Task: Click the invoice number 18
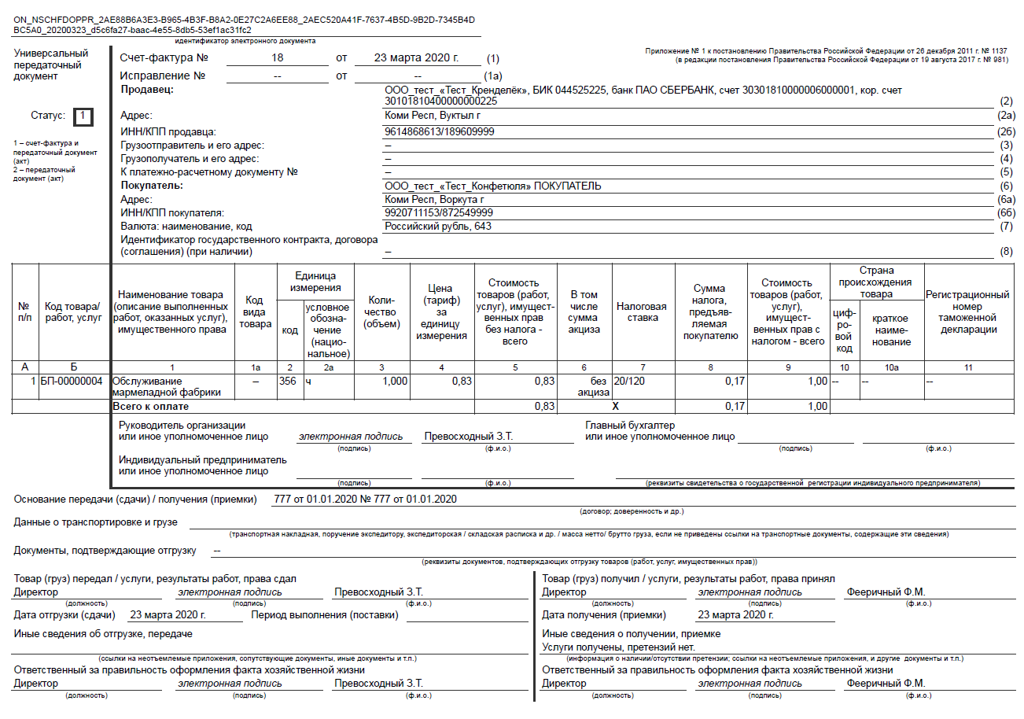(x=277, y=58)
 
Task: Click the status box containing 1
(x=83, y=116)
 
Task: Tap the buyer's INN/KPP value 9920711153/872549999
(x=439, y=213)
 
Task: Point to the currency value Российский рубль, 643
(x=437, y=227)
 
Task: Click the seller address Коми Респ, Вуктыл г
(x=432, y=116)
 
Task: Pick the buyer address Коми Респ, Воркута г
(x=433, y=200)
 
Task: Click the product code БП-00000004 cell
(x=72, y=382)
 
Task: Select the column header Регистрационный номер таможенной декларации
(x=973, y=312)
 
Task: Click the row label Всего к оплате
(x=152, y=407)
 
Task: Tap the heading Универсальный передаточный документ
(x=51, y=65)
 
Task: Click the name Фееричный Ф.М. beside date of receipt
(x=886, y=592)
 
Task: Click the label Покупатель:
(x=151, y=186)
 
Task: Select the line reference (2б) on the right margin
(x=1007, y=131)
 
